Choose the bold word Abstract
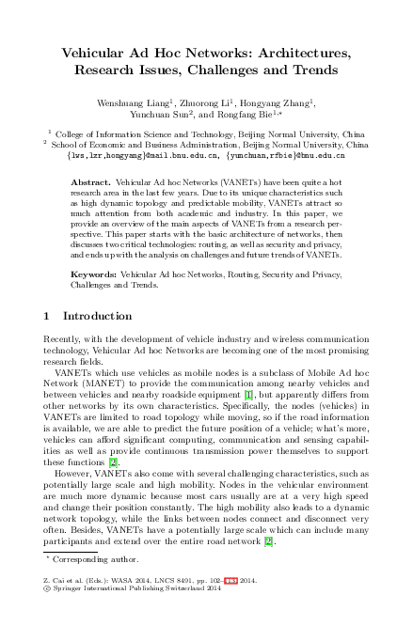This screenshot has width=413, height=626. point(118,180)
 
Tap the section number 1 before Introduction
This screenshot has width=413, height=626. point(48,316)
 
